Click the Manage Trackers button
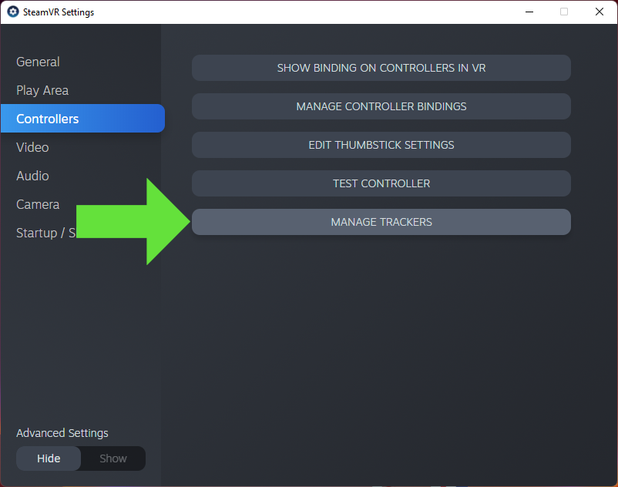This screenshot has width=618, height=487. pyautogui.click(x=381, y=222)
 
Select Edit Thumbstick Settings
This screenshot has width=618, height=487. pyautogui.click(x=381, y=145)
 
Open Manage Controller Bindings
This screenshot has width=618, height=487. pyautogui.click(x=381, y=106)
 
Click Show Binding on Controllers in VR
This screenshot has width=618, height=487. pyautogui.click(x=381, y=68)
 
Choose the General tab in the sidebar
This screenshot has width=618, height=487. pyautogui.click(x=38, y=62)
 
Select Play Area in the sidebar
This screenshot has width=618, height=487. pyautogui.click(x=42, y=90)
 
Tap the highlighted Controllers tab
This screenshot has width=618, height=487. pyautogui.click(x=48, y=119)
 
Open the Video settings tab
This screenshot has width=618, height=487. pyautogui.click(x=32, y=147)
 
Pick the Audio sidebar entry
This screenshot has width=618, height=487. pyautogui.click(x=32, y=176)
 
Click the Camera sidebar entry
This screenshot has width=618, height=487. pyautogui.click(x=38, y=204)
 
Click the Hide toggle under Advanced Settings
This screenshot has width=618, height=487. pyautogui.click(x=49, y=458)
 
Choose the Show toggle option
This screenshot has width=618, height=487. pyautogui.click(x=113, y=458)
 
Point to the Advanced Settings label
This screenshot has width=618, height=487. pyautogui.click(x=62, y=433)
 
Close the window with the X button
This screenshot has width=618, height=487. pyautogui.click(x=600, y=12)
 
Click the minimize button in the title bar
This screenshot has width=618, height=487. pyautogui.click(x=529, y=12)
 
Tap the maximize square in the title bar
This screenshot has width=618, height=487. pyautogui.click(x=564, y=12)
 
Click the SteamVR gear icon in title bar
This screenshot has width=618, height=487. pyautogui.click(x=12, y=12)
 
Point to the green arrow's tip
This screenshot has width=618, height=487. pyautogui.click(x=189, y=222)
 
